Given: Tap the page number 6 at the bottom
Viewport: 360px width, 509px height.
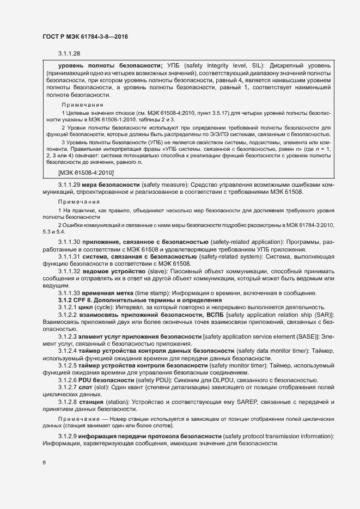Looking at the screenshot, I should pyautogui.click(x=44, y=463).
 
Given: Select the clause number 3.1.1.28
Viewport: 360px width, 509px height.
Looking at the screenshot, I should pyautogui.click(x=69, y=53).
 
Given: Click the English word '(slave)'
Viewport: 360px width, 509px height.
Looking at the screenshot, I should pyautogui.click(x=158, y=271).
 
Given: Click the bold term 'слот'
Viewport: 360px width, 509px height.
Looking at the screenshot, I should pyautogui.click(x=87, y=387).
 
